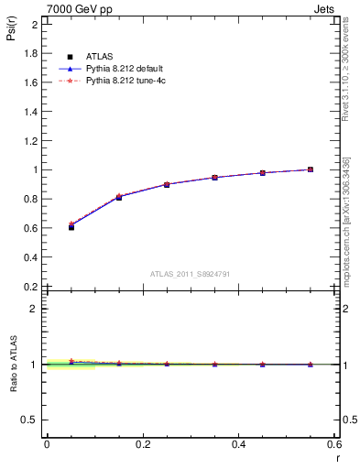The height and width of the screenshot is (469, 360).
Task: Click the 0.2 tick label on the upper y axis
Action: [x=30, y=287]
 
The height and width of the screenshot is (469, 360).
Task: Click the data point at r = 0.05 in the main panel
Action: [x=71, y=226]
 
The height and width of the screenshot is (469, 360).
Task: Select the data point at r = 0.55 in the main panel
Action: [x=311, y=169]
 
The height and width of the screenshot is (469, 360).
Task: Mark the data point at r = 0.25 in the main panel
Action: [x=167, y=184]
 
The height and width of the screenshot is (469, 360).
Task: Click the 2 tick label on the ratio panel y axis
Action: [x=35, y=309]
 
